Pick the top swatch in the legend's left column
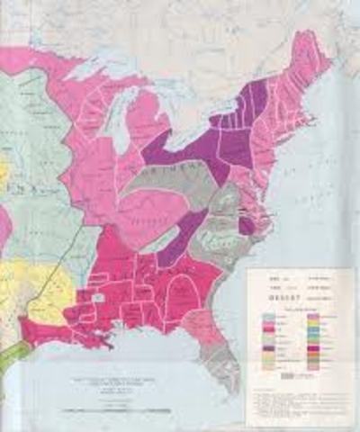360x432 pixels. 267,316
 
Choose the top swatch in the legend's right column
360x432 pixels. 311,316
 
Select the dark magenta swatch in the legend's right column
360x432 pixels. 311,348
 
